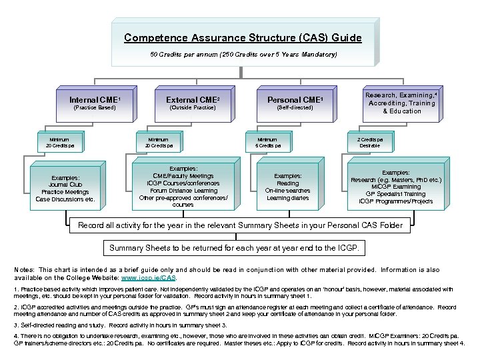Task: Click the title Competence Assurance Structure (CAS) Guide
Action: click(x=243, y=38)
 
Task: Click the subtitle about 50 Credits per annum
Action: click(x=243, y=53)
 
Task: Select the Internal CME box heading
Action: click(x=94, y=100)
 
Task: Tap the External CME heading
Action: click(x=193, y=100)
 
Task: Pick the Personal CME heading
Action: click(x=294, y=100)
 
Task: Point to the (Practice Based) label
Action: click(x=94, y=107)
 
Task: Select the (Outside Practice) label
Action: click(x=193, y=107)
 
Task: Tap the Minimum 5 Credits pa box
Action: click(x=268, y=142)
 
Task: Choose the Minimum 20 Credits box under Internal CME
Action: click(x=63, y=142)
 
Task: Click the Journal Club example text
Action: click(x=65, y=185)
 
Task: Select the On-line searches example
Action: click(x=287, y=190)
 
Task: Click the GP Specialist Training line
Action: click(x=395, y=194)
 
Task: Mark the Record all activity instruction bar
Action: click(x=240, y=225)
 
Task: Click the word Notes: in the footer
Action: click(x=25, y=270)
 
